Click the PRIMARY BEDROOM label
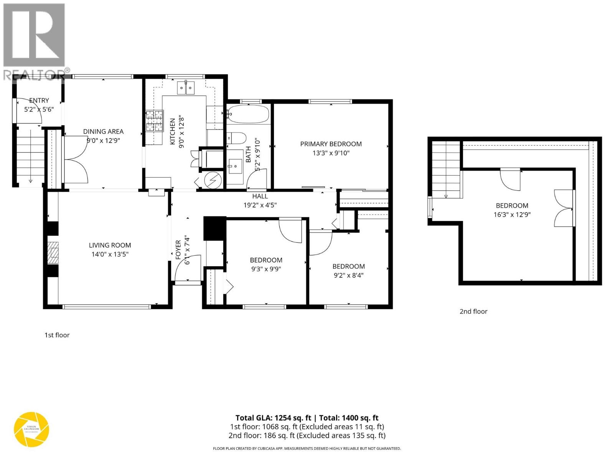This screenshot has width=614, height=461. tap(330, 144)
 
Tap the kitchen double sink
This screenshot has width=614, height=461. tap(186, 88)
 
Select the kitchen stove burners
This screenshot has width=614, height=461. tap(154, 121)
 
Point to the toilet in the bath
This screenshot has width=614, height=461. tap(236, 138)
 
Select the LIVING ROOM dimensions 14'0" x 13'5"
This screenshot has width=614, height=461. tap(110, 254)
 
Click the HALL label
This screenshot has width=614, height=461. tap(260, 196)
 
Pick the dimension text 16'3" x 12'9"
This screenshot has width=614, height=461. tap(512, 215)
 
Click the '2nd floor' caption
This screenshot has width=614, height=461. tap(473, 312)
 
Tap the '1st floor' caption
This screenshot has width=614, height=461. tap(57, 335)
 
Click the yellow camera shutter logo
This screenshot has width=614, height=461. tap(31, 429)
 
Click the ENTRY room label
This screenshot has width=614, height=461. tap(39, 101)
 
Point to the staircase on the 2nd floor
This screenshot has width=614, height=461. tap(446, 169)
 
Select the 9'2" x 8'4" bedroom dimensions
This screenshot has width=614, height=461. tap(348, 275)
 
